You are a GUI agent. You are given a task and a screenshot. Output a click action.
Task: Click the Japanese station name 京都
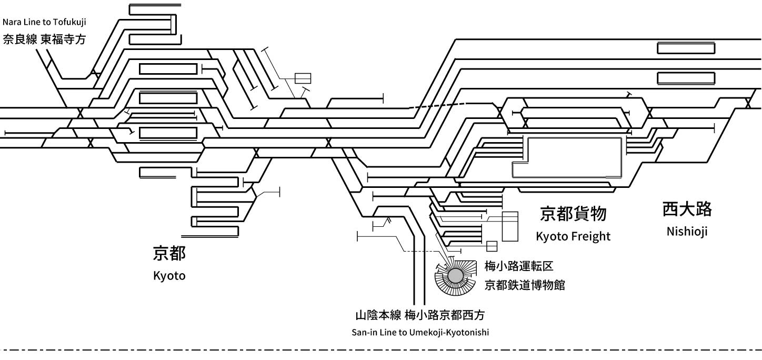click(x=169, y=254)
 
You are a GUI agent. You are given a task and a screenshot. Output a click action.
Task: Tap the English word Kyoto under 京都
click(x=169, y=275)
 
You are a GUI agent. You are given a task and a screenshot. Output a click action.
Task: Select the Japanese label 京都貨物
click(x=574, y=214)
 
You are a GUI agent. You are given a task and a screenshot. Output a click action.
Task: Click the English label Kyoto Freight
click(x=573, y=236)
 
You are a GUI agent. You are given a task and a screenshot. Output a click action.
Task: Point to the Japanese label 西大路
click(x=687, y=209)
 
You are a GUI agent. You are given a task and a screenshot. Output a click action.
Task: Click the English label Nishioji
click(x=687, y=231)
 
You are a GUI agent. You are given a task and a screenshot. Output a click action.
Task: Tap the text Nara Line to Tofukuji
click(x=44, y=22)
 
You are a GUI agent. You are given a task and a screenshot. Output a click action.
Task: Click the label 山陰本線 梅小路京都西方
click(x=419, y=316)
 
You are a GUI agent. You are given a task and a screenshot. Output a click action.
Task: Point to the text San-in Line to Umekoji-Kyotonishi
click(x=420, y=333)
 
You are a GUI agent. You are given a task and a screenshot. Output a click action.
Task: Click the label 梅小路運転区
click(x=519, y=267)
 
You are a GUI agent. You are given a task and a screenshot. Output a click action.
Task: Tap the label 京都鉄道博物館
click(x=525, y=285)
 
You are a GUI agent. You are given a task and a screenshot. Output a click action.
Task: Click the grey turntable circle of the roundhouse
click(x=455, y=275)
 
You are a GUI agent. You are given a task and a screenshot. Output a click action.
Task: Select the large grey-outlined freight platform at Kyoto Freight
click(x=571, y=157)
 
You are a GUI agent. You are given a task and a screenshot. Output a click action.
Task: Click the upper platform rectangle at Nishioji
click(x=686, y=48)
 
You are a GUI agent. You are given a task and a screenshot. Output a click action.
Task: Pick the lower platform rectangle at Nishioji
click(x=686, y=78)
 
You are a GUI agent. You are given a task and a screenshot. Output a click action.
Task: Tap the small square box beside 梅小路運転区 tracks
click(x=492, y=246)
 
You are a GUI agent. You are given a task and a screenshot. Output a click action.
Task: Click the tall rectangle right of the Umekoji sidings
click(x=510, y=226)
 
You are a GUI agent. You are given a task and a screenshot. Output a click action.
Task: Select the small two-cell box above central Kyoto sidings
click(x=303, y=78)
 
